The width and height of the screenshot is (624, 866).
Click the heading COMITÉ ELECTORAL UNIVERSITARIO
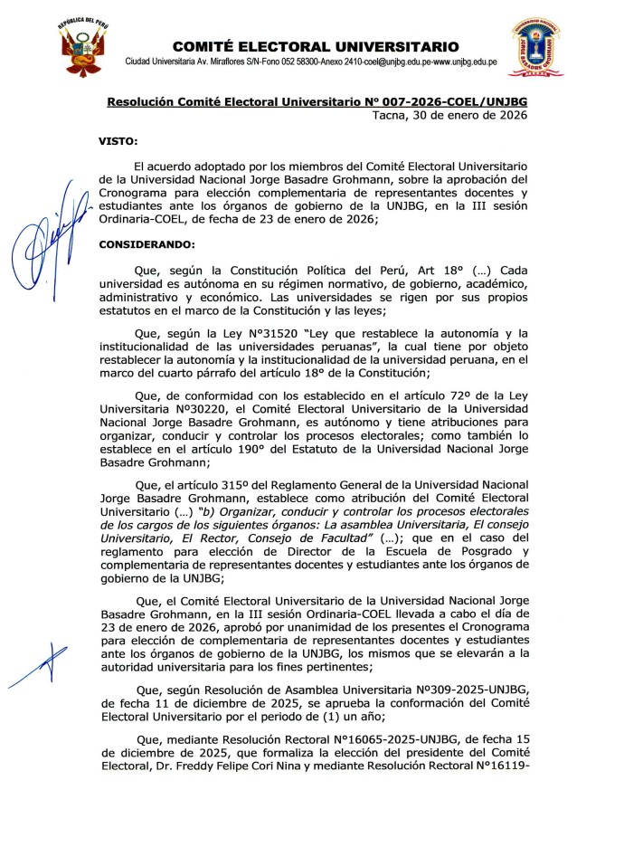coord(316,47)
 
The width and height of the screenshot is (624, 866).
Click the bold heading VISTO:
coord(118,142)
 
